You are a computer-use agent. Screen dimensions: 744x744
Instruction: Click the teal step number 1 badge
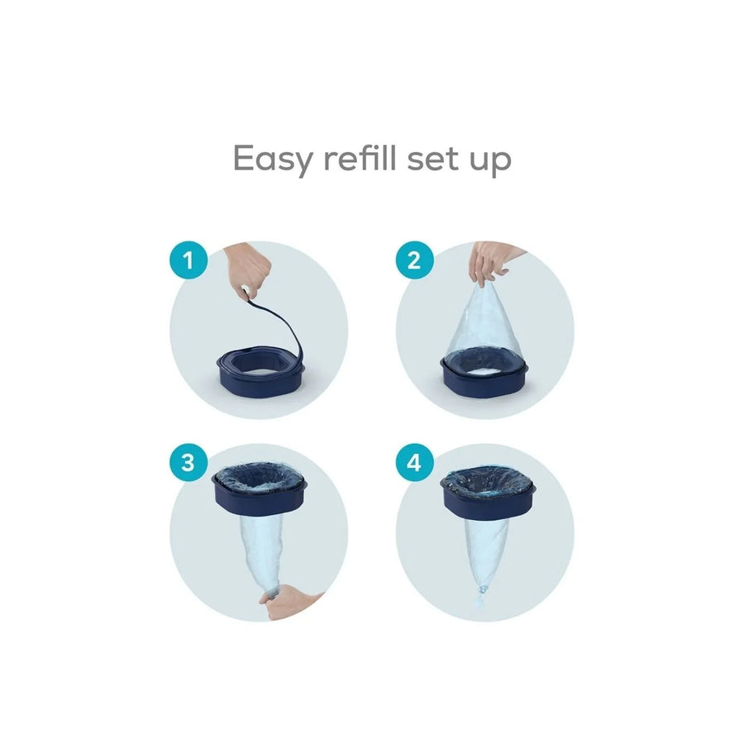pos(189,262)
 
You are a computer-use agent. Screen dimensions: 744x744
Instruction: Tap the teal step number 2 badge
pos(414,262)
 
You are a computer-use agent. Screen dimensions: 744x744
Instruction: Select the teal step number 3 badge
pos(189,461)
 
